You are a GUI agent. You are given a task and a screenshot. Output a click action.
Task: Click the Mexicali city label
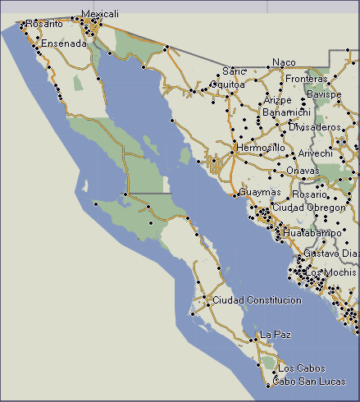click(100, 14)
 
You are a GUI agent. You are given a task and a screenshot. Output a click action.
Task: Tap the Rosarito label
click(44, 25)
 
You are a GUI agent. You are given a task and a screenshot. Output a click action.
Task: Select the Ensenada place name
click(63, 43)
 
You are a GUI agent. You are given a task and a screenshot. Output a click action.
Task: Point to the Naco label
click(284, 62)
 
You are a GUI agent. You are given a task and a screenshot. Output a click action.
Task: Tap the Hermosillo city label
click(261, 148)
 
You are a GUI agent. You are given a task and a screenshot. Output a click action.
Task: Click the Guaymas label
click(260, 192)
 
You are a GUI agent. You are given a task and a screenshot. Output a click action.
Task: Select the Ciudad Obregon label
click(308, 208)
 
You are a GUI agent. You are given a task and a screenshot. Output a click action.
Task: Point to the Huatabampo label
click(312, 233)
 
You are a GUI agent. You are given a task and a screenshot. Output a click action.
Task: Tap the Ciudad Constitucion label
click(257, 300)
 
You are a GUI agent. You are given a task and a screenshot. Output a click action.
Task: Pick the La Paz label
click(276, 335)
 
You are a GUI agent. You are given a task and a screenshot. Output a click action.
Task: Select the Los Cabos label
click(302, 368)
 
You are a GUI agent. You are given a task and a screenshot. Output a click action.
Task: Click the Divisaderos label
click(315, 127)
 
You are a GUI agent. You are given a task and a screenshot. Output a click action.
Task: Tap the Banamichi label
click(286, 112)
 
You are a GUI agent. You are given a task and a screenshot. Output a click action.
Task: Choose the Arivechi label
click(315, 153)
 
